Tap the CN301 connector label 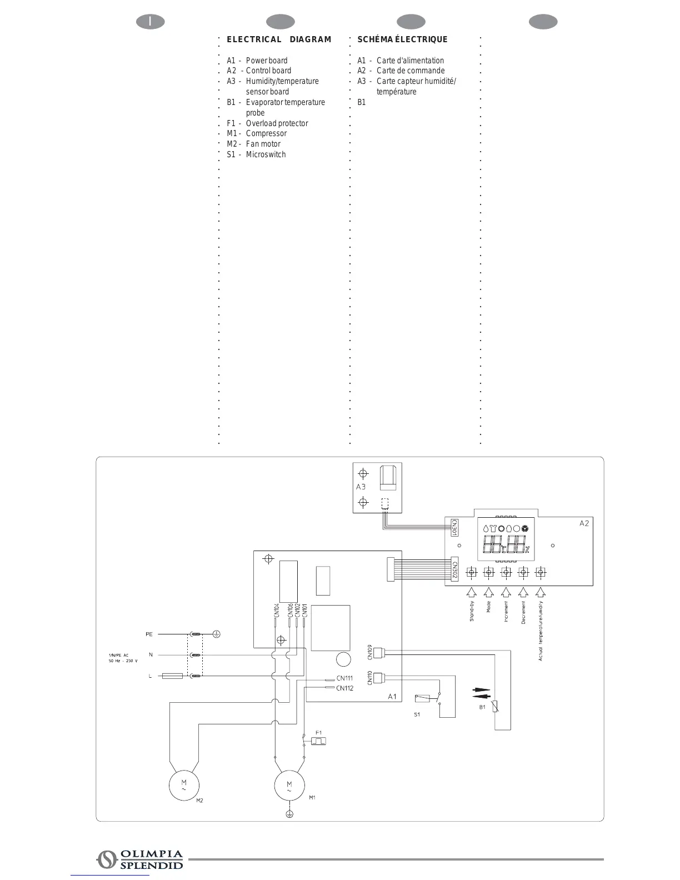[454, 527]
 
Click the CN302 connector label [454, 571]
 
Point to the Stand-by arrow [471, 592]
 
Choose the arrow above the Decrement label [523, 592]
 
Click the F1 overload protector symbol [318, 741]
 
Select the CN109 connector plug [378, 653]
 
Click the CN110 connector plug [378, 678]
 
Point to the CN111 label [344, 678]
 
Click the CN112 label [344, 688]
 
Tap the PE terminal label [149, 634]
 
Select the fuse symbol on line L [172, 676]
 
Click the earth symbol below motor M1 [289, 814]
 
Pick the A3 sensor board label [361, 487]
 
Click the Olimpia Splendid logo [140, 859]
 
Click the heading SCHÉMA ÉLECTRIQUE [402, 39]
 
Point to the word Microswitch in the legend [266, 154]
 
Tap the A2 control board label [584, 523]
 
